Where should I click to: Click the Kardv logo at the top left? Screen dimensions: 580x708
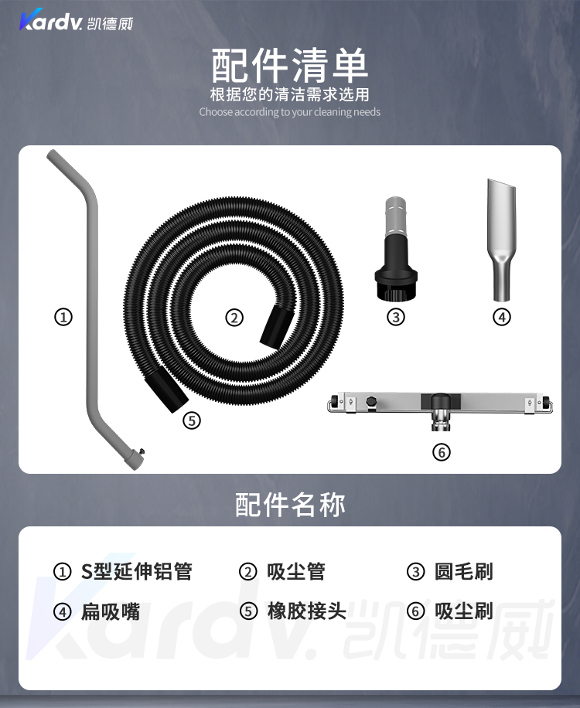(76, 20)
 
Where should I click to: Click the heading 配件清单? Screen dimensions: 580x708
(290, 66)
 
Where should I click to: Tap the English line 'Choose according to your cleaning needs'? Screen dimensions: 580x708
(289, 112)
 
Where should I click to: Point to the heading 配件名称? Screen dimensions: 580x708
(290, 505)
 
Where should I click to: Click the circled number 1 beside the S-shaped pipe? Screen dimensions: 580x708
(63, 317)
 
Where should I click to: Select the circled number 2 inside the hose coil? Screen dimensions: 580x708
(234, 318)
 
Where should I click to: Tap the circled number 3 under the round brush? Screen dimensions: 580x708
(396, 317)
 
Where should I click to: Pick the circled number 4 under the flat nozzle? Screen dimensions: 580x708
(501, 317)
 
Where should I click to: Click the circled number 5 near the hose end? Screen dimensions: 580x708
(192, 420)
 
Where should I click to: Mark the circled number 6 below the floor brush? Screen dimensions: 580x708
(442, 452)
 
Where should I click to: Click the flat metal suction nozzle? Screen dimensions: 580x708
(501, 240)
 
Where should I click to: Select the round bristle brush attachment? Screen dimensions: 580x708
(396, 249)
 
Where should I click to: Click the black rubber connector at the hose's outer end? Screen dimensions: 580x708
(165, 390)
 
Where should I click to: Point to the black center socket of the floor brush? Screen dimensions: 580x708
(441, 401)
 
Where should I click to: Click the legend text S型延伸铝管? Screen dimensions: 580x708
(137, 571)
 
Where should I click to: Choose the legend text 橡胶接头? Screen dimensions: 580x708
(307, 611)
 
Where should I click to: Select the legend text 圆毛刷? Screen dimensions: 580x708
(463, 571)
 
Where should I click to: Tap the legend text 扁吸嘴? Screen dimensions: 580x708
(111, 612)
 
